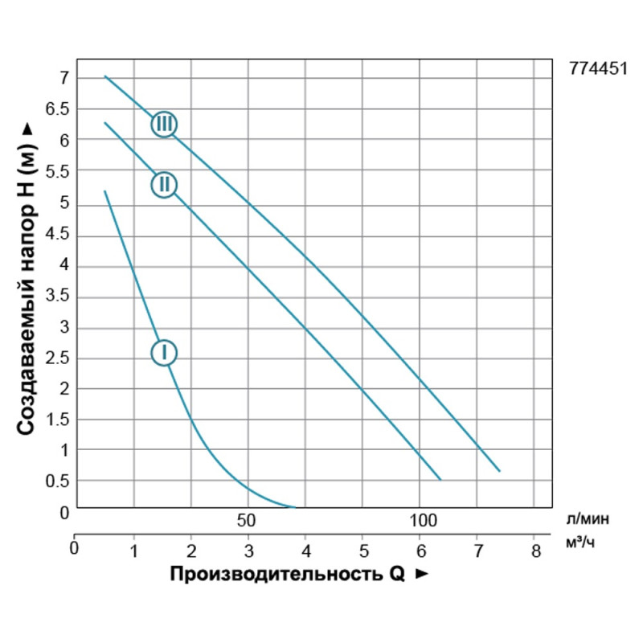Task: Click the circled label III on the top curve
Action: (164, 124)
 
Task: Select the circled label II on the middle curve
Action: (164, 185)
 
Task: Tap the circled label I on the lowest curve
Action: (164, 352)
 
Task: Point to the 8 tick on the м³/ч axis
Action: (535, 551)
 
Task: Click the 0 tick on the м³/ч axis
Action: (75, 551)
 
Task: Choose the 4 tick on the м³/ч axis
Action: (305, 551)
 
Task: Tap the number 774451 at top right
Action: (598, 70)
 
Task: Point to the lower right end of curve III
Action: (499, 471)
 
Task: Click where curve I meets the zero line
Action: (294, 507)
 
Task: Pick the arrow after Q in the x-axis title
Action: (421, 575)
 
